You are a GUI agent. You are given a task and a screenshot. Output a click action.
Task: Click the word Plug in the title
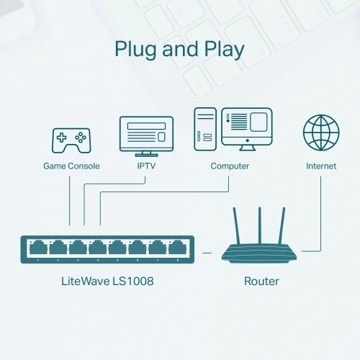pyautogui.click(x=136, y=50)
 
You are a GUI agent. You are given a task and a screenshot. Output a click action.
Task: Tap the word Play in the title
pyautogui.click(x=222, y=50)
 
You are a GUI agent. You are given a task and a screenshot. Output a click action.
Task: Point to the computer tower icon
pyautogui.click(x=204, y=130)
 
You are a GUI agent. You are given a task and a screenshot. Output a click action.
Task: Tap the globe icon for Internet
pyautogui.click(x=321, y=133)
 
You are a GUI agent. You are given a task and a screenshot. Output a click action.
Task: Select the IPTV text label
pyautogui.click(x=145, y=166)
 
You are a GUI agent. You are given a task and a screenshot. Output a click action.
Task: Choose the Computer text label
pyautogui.click(x=230, y=166)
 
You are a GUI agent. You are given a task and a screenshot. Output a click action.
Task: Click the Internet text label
pyautogui.click(x=321, y=166)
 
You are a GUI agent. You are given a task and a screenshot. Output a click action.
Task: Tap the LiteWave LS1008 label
pyautogui.click(x=107, y=280)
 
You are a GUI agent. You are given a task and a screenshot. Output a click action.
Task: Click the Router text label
pyautogui.click(x=261, y=280)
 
